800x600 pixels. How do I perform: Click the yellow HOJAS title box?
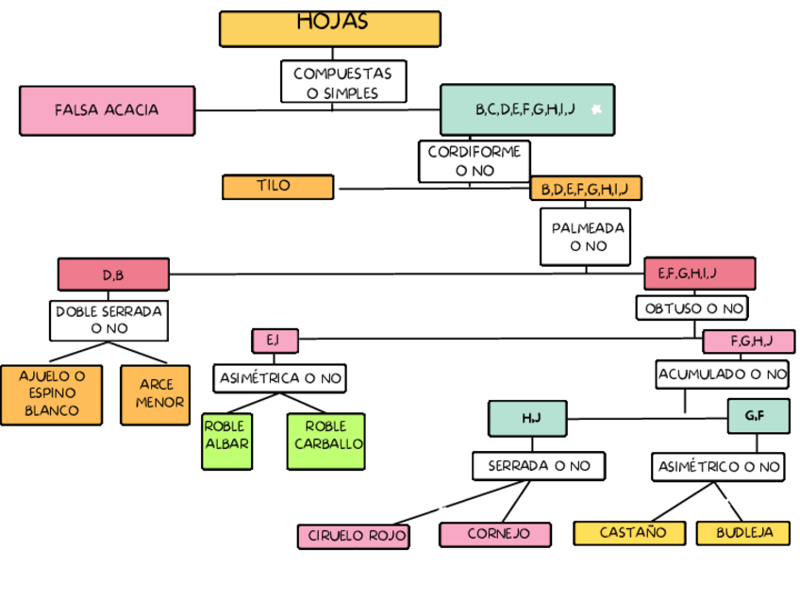coord(330,28)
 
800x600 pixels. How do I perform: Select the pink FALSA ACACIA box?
coord(107,110)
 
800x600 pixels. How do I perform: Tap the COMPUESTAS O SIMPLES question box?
coord(343,82)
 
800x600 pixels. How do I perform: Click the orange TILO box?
coord(277,187)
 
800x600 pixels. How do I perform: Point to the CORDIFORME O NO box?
coord(475,161)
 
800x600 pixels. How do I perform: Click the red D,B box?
coord(113,275)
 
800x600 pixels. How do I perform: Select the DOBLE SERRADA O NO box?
coord(108,320)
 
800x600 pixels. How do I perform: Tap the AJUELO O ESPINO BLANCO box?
coord(52,393)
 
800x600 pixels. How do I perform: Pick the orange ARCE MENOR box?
coord(156,393)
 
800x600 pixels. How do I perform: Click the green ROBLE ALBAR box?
coord(226,442)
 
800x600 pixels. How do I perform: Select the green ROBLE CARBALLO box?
coord(325,442)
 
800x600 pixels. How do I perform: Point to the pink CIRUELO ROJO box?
coord(354,536)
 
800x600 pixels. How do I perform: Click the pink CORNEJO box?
coord(495,534)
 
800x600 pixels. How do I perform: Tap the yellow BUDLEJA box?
coord(743,533)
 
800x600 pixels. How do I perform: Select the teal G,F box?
coord(758,416)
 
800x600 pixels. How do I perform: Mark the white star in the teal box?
coord(596,110)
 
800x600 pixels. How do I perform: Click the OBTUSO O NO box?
coord(693,308)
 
